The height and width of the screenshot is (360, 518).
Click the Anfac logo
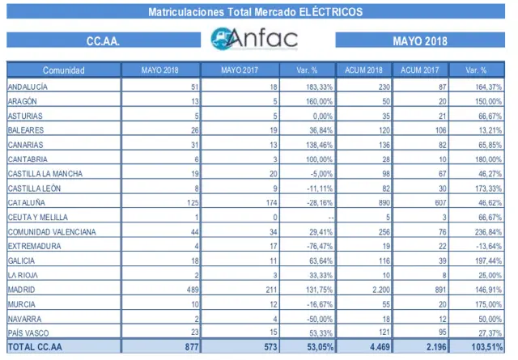pos(253,39)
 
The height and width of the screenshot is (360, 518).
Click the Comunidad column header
pos(63,70)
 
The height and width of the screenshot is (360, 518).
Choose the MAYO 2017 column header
pos(241,70)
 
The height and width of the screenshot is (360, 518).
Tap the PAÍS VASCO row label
pos(28,332)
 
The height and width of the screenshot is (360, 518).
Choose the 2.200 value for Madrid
pos(367,289)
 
